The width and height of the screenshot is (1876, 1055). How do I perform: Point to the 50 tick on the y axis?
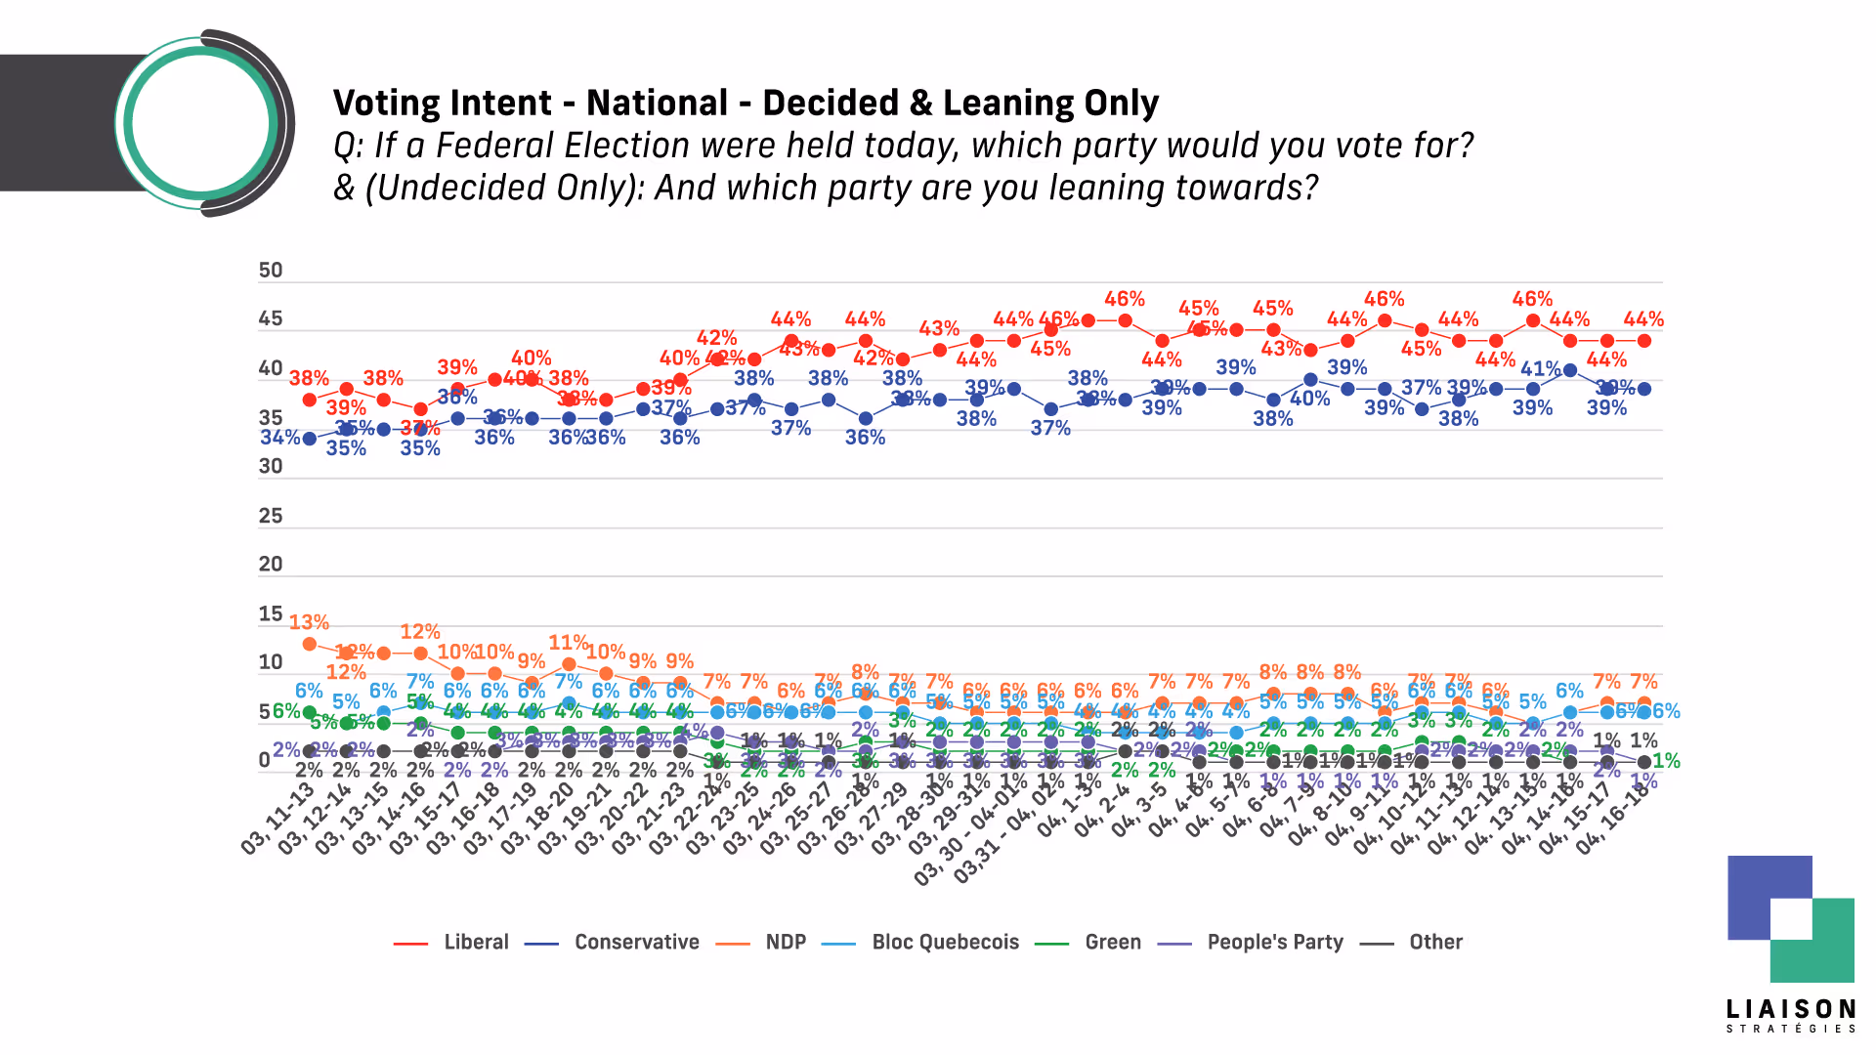pyautogui.click(x=271, y=271)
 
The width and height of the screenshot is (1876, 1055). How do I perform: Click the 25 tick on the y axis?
pyautogui.click(x=271, y=516)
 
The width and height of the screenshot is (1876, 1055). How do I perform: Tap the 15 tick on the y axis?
pyautogui.click(x=271, y=614)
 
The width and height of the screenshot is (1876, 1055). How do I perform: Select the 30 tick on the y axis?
pyautogui.click(x=271, y=467)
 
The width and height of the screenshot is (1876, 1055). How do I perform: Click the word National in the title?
pyautogui.click(x=657, y=103)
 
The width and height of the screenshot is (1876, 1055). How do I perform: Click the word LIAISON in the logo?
pyautogui.click(x=1791, y=1009)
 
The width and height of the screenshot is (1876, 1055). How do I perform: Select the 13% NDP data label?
pyautogui.click(x=309, y=622)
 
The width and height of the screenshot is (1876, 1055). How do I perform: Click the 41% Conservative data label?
pyautogui.click(x=1540, y=368)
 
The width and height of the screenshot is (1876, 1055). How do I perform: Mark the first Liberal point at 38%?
pyautogui.click(x=310, y=400)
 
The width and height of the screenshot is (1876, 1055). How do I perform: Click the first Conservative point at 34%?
pyautogui.click(x=310, y=439)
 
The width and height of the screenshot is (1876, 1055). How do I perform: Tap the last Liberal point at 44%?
pyautogui.click(x=1644, y=341)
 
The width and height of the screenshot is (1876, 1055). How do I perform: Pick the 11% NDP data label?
pyautogui.click(x=569, y=643)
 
